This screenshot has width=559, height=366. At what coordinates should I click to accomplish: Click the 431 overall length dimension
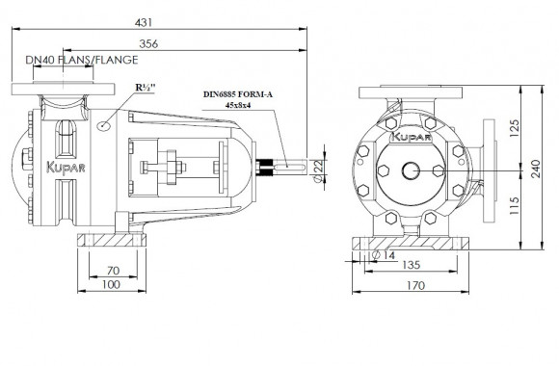click(144, 22)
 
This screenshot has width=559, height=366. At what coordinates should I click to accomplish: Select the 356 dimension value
click(148, 44)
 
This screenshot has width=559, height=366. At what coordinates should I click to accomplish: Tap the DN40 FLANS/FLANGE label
click(82, 60)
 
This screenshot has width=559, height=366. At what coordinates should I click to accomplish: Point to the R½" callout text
click(146, 88)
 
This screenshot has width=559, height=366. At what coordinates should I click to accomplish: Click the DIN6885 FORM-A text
click(238, 94)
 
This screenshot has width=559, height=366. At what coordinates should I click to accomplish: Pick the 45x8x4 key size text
click(238, 105)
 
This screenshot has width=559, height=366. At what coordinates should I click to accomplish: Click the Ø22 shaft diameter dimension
click(319, 170)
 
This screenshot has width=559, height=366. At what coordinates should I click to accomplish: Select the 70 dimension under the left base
click(113, 271)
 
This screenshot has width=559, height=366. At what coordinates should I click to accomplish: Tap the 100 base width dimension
click(112, 285)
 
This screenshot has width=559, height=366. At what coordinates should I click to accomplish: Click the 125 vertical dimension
click(514, 129)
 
